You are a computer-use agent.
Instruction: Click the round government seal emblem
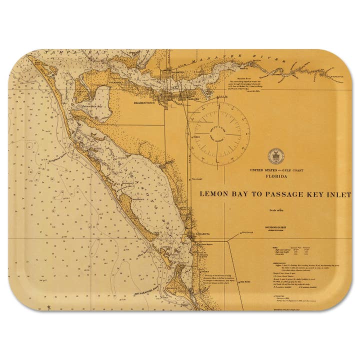(275, 156)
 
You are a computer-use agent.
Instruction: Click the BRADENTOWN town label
(144, 102)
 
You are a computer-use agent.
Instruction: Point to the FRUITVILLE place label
(247, 232)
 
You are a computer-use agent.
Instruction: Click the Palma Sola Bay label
(84, 106)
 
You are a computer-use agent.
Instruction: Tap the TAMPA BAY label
(62, 52)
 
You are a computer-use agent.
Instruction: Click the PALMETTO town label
(175, 72)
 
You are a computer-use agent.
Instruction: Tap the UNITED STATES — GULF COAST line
(274, 170)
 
